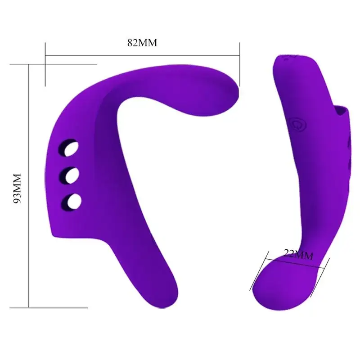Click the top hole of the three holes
pos(70,149)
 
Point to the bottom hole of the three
pos(72,200)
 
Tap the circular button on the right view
pos(297,123)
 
